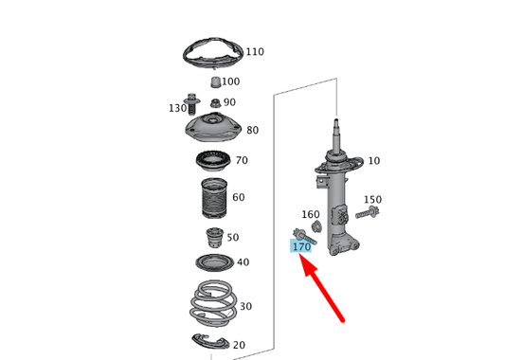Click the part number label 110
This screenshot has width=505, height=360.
coord(256,51)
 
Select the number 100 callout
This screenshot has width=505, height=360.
coord(230,81)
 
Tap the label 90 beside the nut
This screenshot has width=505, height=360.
coord(230,101)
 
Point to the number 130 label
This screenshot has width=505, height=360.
coord(177,108)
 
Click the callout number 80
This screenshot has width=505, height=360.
coord(252,130)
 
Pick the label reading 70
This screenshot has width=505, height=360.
coord(241,160)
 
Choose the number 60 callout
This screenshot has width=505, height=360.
coord(238,197)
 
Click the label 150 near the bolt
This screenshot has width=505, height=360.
coord(372,199)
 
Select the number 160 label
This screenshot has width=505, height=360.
coord(311,214)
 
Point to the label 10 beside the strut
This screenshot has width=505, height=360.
coord(373,160)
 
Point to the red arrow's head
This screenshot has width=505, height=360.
coord(304,259)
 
